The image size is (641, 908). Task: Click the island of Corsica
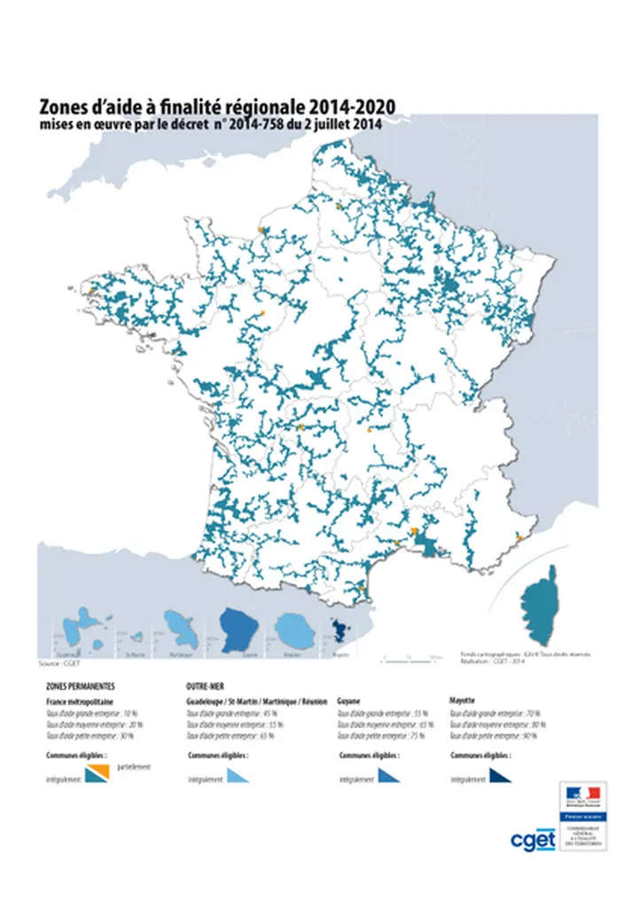click(x=538, y=607)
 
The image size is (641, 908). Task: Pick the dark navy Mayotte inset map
click(x=340, y=633)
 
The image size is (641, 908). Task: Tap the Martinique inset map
click(x=183, y=631)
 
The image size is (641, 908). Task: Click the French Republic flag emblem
click(x=582, y=792)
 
